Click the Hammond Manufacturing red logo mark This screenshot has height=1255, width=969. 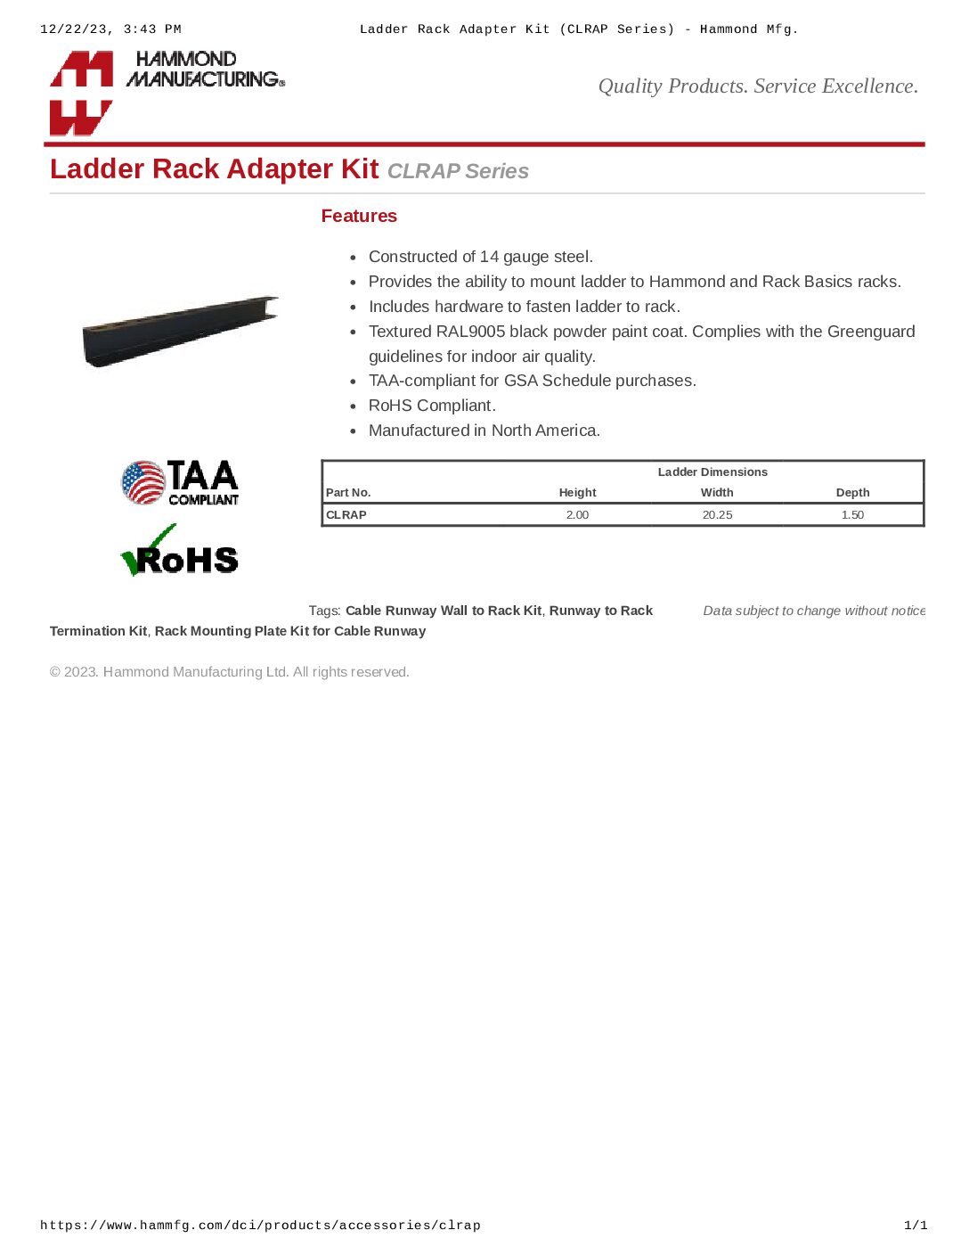[81, 93]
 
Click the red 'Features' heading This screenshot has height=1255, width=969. [359, 216]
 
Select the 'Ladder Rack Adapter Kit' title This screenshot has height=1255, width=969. [214, 168]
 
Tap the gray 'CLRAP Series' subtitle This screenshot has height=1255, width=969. [458, 171]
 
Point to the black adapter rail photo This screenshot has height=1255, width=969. [180, 331]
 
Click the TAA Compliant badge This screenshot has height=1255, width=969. [181, 482]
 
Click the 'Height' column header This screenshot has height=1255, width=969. [577, 492]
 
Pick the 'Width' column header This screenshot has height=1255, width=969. [717, 492]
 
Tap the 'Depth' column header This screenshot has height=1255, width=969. [852, 492]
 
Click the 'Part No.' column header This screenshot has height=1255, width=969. [348, 492]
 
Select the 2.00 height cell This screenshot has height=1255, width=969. [577, 514]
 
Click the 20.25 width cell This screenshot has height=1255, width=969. [717, 514]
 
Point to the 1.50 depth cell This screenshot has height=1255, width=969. [852, 514]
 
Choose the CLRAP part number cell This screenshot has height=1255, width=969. [346, 514]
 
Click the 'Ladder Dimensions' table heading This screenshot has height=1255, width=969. [712, 472]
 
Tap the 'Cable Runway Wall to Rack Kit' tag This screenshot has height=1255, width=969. [444, 611]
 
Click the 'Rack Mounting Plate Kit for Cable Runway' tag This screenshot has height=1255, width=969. [290, 631]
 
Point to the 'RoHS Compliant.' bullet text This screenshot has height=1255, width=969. [432, 406]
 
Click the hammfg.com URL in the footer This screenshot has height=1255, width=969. [260, 1226]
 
